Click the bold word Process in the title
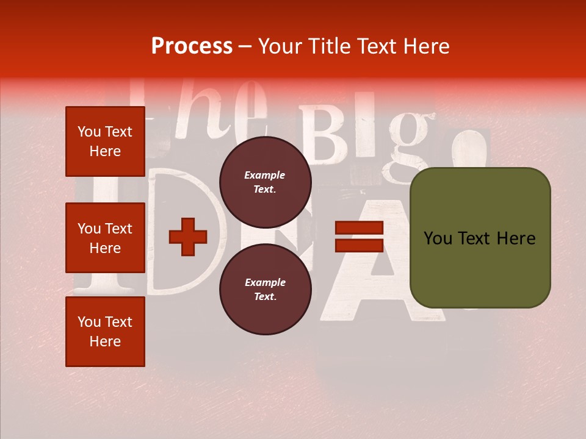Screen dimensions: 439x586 pyautogui.click(x=192, y=46)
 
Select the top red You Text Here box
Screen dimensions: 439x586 pyautogui.click(x=105, y=141)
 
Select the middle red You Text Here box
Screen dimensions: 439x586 pyautogui.click(x=105, y=238)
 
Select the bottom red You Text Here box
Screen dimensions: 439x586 pyautogui.click(x=105, y=331)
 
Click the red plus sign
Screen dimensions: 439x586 pyautogui.click(x=188, y=237)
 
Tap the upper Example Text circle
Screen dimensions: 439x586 pyautogui.click(x=265, y=182)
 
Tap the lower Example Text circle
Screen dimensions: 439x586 pyautogui.click(x=265, y=290)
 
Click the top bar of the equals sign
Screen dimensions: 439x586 pyautogui.click(x=359, y=228)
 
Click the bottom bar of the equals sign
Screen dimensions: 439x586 pyautogui.click(x=359, y=245)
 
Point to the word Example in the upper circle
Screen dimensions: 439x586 pyautogui.click(x=265, y=175)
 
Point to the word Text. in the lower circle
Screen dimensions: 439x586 pyautogui.click(x=265, y=297)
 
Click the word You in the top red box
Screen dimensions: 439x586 pyautogui.click(x=89, y=132)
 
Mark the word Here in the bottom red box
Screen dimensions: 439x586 pyautogui.click(x=105, y=341)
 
